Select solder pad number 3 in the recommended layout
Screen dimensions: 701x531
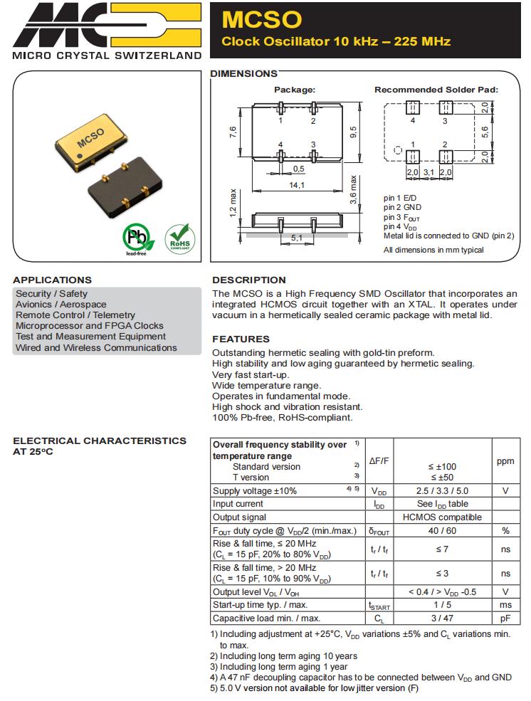(x=446, y=108)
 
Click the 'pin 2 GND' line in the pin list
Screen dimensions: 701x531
(x=403, y=208)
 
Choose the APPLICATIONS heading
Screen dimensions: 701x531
(x=52, y=280)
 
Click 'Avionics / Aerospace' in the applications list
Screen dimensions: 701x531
(x=61, y=305)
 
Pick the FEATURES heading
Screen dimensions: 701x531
(x=241, y=339)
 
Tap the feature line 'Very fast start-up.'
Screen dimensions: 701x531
(x=251, y=374)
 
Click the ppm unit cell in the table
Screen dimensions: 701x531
(x=505, y=461)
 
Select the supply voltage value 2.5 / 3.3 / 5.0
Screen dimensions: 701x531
(x=442, y=491)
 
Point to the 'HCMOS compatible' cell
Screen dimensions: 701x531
(x=442, y=517)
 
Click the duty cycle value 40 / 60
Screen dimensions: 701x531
(x=442, y=530)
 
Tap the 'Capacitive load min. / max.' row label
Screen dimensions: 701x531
(x=267, y=618)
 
